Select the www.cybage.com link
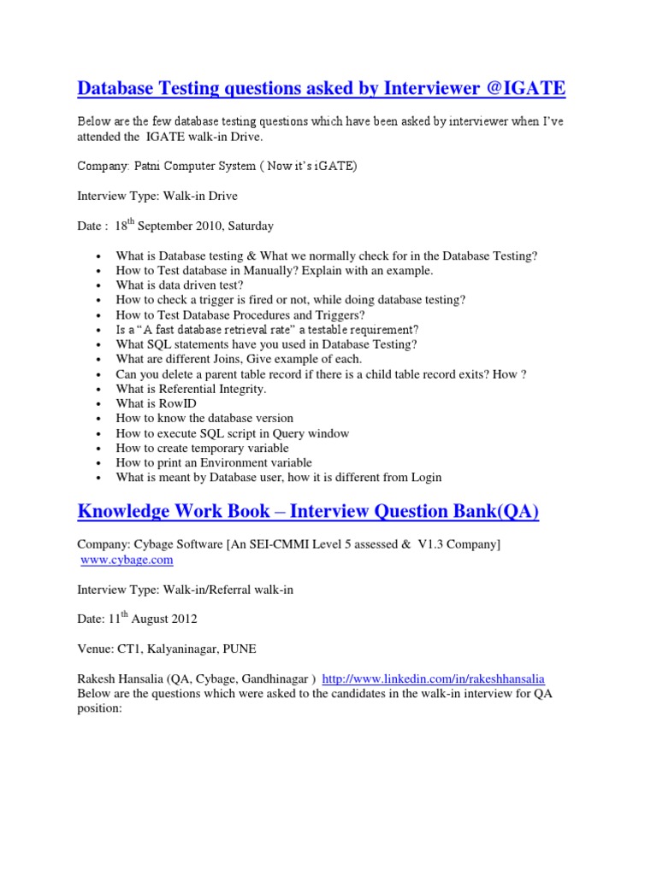click(x=127, y=560)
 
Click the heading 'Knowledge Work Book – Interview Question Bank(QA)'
click(x=308, y=511)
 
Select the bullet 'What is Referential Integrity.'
click(x=191, y=389)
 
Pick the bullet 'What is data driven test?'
click(x=180, y=285)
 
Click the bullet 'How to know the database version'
click(x=204, y=418)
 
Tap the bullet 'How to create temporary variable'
click(x=202, y=448)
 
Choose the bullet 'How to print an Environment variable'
click(x=214, y=462)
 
